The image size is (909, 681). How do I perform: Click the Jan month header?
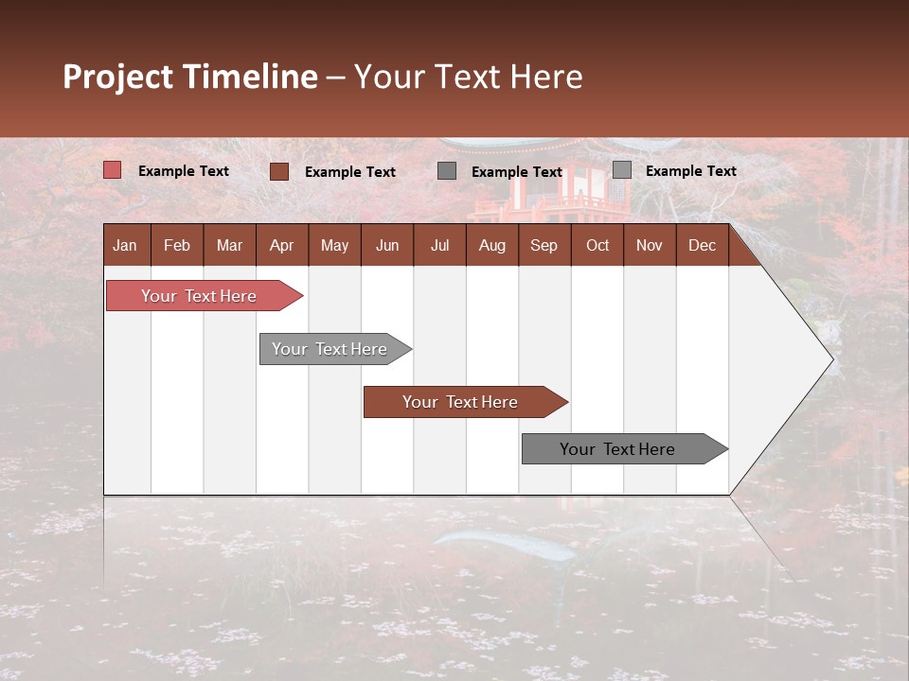coord(125,245)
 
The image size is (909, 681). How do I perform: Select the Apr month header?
coord(281,245)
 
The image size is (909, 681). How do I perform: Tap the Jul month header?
coord(439,245)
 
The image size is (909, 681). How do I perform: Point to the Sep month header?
coord(544,245)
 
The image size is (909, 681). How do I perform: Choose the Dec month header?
coord(702,245)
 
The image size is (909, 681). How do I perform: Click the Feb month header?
coord(177,245)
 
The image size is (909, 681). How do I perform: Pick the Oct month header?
coord(597,245)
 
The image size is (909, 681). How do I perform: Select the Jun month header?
coord(387,245)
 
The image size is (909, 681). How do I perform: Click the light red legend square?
coord(113,170)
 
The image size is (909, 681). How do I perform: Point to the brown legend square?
coord(279,171)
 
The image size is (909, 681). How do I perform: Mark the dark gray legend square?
coord(447,171)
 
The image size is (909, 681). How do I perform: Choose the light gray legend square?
coord(622,170)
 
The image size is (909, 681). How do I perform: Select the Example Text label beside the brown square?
coord(350,172)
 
